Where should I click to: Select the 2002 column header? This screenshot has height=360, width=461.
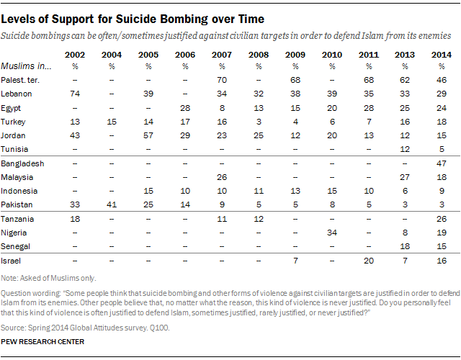coord(73,55)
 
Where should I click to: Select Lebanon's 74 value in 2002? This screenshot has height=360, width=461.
coord(73,94)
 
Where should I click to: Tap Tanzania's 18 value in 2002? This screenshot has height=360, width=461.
coord(73,218)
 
